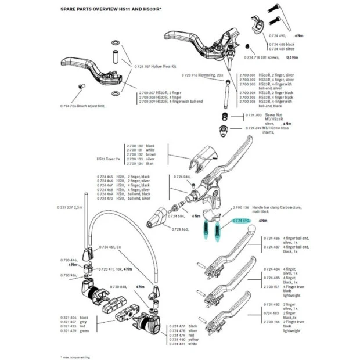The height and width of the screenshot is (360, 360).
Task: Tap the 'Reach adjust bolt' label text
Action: [91, 106]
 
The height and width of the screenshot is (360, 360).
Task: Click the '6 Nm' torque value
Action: [299, 36]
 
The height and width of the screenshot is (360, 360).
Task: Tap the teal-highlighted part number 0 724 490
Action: [241, 221]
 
